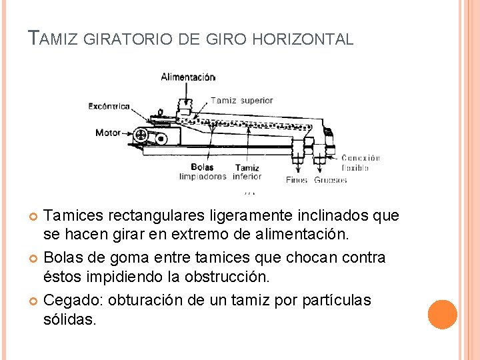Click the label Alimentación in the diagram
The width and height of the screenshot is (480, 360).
coord(188,77)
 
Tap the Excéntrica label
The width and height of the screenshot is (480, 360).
coord(109,106)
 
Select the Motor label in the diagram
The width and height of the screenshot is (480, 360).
coord(108,133)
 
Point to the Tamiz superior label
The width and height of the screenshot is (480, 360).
coord(242,101)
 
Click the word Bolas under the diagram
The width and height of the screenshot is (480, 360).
coord(202,167)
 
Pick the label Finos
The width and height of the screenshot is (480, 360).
coord(297,180)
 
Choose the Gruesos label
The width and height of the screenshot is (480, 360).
coord(331,180)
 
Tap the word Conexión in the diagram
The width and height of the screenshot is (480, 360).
coord(361,158)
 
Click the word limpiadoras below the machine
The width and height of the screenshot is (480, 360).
coord(203,177)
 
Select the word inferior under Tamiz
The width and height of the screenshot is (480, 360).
coord(247,177)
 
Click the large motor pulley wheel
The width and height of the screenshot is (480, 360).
coord(141,135)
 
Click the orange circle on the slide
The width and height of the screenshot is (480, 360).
coord(443,315)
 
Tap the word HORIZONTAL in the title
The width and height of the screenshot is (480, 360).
coord(305,39)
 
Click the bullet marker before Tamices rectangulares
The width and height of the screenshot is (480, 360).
coord(34,216)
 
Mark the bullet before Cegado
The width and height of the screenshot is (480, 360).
coord(34,301)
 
